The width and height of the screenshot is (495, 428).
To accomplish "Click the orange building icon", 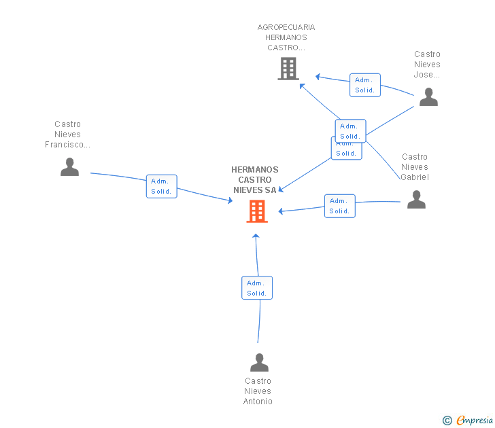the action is [257, 211].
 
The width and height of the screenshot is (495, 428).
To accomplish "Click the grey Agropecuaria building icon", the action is [288, 69].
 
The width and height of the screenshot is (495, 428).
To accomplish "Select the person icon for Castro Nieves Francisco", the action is [69, 167].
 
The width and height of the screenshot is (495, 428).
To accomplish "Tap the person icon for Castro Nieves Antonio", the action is [259, 362].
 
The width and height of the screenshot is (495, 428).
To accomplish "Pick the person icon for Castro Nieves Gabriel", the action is [416, 199].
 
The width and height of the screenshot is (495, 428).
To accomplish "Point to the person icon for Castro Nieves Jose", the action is [428, 97].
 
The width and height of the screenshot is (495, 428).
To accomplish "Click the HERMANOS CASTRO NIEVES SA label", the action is [255, 180].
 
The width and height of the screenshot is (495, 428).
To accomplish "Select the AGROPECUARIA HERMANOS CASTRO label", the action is [286, 37].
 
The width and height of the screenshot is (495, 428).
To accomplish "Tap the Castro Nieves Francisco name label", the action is [67, 135].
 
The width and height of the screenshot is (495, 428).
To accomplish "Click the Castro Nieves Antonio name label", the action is [258, 391].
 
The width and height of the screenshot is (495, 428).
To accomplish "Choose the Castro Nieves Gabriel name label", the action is [415, 167].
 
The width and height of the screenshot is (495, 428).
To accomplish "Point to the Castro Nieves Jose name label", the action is [427, 65].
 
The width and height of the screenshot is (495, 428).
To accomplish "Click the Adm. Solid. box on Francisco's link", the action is [162, 186].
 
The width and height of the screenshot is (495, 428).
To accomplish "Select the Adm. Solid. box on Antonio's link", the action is [257, 288].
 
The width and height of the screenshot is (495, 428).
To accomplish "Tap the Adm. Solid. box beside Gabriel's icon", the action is [340, 206].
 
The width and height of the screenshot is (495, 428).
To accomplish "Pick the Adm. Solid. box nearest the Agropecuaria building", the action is [365, 85].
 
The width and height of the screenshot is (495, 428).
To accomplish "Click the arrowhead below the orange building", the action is [256, 236].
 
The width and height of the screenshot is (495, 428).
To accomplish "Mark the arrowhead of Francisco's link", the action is [231, 200].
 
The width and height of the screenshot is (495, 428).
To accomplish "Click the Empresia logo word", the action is [475, 420].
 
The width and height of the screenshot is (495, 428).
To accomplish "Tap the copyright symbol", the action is [447, 421].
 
